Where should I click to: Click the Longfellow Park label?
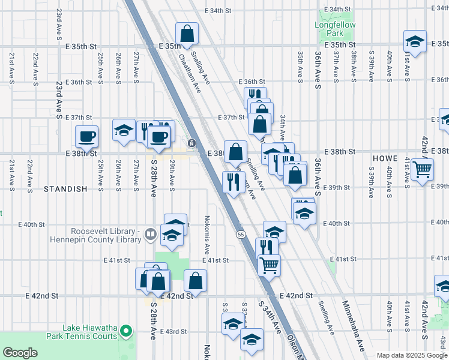[x=336, y=29]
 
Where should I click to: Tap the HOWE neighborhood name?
[x=385, y=158]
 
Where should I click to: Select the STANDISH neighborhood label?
[x=65, y=188]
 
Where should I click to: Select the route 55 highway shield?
[x=240, y=234]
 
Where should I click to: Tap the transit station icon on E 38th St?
[x=191, y=143]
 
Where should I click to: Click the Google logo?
[x=20, y=353]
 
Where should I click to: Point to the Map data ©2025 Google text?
[x=412, y=355]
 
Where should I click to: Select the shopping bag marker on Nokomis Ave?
[x=196, y=280]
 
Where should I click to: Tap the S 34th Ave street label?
[x=270, y=318]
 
